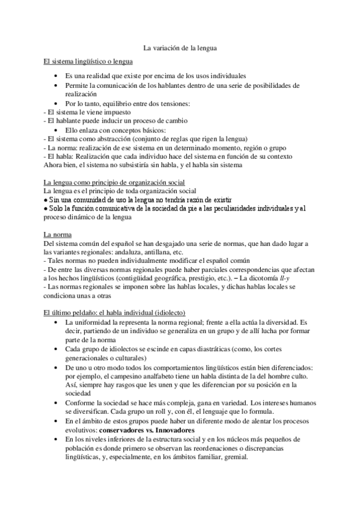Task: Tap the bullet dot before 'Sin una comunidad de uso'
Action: tap(46, 199)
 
